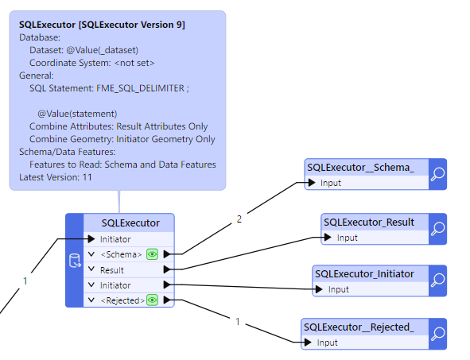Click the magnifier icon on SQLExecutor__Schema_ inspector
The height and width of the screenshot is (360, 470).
click(437, 174)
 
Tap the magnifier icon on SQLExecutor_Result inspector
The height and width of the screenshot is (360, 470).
click(437, 229)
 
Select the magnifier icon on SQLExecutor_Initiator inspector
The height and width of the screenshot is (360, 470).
click(437, 281)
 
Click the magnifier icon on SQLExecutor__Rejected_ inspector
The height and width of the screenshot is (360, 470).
click(437, 334)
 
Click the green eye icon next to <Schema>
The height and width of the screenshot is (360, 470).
click(152, 254)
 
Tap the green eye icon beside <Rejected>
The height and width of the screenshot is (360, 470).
click(152, 300)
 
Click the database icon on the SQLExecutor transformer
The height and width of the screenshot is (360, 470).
click(75, 261)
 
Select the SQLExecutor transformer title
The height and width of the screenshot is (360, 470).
click(130, 223)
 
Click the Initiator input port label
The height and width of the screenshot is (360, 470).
click(115, 239)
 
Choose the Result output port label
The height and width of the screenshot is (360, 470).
click(112, 270)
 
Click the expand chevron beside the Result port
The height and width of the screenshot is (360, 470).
click(91, 269)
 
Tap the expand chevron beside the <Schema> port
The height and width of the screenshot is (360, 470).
click(91, 254)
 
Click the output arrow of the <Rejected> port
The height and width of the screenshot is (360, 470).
click(167, 300)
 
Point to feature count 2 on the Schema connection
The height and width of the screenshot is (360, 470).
click(239, 219)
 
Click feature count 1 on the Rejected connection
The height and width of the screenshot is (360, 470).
click(238, 322)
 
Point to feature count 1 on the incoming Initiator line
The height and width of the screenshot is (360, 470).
click(25, 281)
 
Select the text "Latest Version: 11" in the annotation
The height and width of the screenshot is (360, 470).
click(56, 177)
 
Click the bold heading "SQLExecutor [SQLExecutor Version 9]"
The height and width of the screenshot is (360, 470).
click(103, 25)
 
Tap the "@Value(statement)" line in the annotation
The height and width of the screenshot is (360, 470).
click(77, 114)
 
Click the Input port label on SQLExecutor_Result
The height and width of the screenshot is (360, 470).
click(348, 238)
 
